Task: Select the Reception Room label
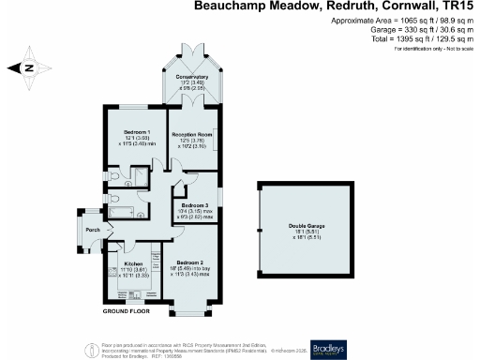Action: point(191,134)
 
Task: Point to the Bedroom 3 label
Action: point(195,204)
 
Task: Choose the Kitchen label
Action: point(132,264)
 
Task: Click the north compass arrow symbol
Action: point(28,67)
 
